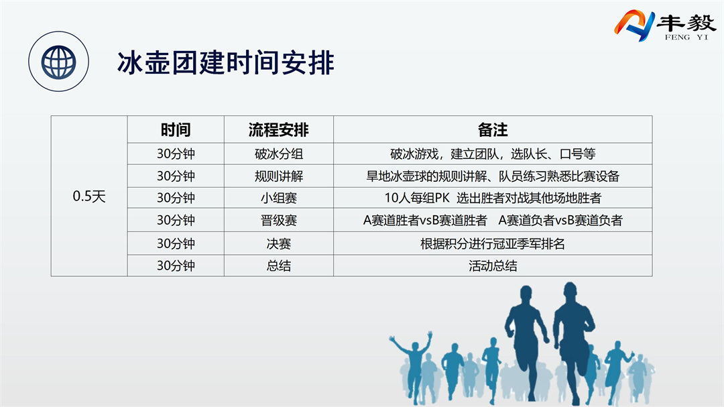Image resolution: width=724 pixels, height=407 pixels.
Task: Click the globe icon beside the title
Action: click(58, 62)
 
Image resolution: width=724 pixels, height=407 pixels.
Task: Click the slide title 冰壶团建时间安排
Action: click(225, 63)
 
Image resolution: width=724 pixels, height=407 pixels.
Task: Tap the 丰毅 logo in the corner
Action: click(664, 25)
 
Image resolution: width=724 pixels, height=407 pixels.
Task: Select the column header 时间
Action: click(176, 130)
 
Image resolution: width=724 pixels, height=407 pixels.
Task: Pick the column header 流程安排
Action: click(278, 130)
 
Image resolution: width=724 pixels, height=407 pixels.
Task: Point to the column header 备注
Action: click(493, 130)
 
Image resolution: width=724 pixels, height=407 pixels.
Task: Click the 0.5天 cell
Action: click(89, 196)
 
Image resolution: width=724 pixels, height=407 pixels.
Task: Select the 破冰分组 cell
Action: click(278, 154)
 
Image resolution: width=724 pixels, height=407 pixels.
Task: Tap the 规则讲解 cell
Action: click(278, 176)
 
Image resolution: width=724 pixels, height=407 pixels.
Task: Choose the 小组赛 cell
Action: click(278, 198)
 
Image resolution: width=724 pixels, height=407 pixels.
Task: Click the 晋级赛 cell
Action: click(278, 220)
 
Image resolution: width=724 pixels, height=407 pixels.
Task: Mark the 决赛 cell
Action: click(278, 243)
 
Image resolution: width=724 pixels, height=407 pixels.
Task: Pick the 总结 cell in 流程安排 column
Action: click(278, 266)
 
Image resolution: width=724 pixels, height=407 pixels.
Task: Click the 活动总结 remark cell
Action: click(493, 266)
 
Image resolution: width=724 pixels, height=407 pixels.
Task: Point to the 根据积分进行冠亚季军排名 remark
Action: click(493, 243)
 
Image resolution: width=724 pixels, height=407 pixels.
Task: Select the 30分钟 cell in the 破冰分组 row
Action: click(176, 154)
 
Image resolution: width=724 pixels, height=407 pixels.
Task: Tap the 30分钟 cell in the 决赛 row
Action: click(176, 243)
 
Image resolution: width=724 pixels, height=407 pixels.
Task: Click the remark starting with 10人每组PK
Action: click(493, 198)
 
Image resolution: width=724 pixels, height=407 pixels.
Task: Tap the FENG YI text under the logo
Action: click(686, 37)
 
